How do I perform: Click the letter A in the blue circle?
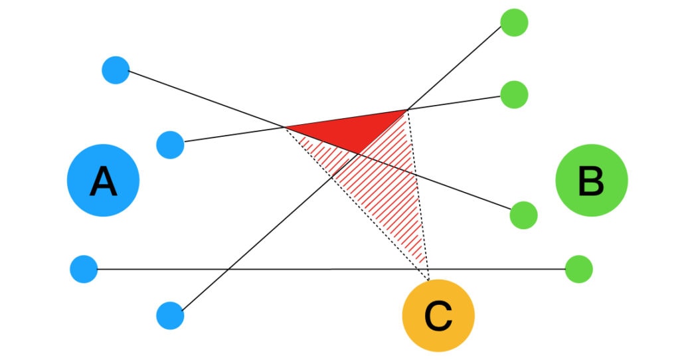point(103,181)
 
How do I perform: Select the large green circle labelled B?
point(591,180)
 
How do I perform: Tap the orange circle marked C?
point(438,315)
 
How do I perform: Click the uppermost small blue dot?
point(116,70)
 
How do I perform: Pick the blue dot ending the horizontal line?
point(84,269)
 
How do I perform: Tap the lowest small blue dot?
point(170,315)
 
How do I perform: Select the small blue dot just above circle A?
point(170,144)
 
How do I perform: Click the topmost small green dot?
point(514,22)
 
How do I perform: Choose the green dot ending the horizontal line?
point(578,269)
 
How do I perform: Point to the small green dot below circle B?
point(523,215)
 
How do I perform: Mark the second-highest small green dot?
point(514,94)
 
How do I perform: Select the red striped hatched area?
point(385,193)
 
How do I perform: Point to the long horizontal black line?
point(299,269)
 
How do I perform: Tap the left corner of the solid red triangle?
point(286,126)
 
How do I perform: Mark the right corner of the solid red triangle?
point(407,110)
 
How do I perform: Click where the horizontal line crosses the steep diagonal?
point(228,269)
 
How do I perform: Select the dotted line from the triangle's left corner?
point(352,199)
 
